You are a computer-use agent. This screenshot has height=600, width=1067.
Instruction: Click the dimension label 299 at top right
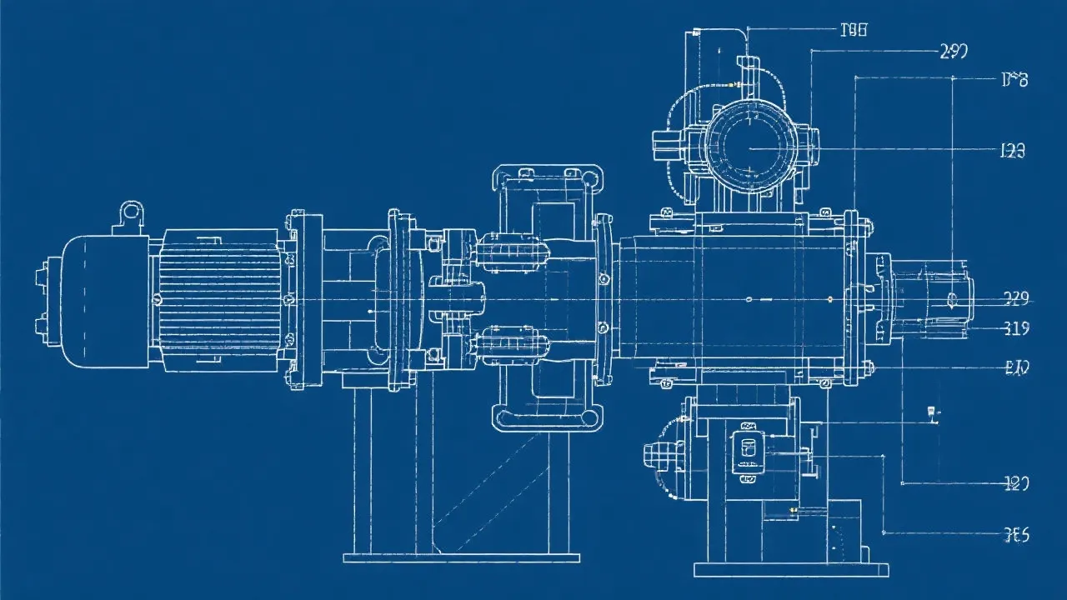[953, 52]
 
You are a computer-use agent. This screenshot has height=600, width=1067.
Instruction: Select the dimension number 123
[1011, 151]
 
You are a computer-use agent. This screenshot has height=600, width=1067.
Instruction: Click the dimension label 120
[1016, 482]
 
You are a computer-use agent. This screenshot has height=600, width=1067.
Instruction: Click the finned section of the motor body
[219, 298]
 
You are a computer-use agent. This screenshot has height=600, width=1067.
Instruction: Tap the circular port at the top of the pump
[749, 148]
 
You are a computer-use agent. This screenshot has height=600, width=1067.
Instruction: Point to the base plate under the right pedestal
[790, 570]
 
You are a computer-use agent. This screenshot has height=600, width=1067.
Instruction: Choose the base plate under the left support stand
[461, 557]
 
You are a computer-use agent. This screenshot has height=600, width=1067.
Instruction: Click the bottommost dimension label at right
[1016, 535]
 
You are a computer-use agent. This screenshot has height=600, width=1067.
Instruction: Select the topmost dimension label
[854, 30]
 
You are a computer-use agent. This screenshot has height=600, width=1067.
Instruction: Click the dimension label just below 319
[1017, 367]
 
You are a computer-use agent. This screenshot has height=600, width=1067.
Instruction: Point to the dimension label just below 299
[1014, 80]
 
